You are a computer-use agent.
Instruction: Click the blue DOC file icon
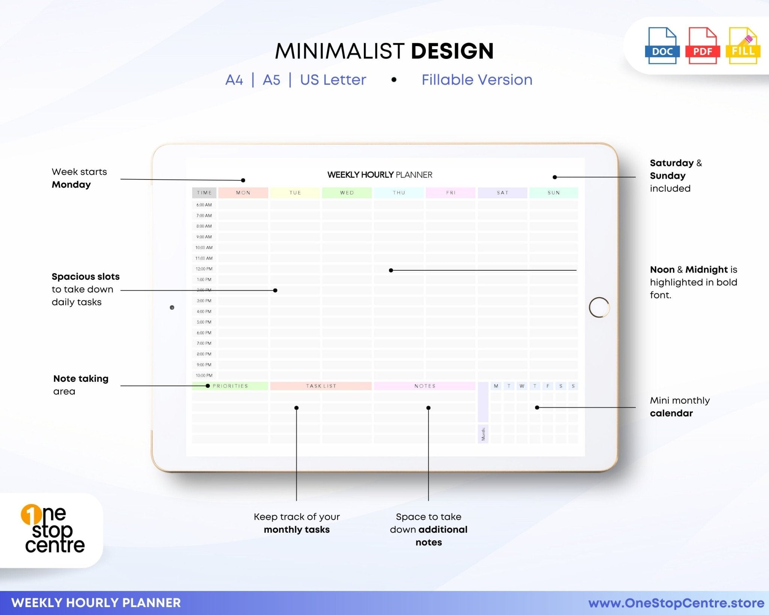(662, 46)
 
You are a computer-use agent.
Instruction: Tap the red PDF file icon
(702, 46)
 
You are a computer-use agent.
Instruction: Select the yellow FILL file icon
(743, 46)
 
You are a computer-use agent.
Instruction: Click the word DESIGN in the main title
(452, 51)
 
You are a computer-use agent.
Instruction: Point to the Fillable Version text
(476, 80)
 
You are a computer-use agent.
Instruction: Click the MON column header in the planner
(243, 193)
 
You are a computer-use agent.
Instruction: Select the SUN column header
(553, 193)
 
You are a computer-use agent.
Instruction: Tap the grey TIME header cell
(204, 193)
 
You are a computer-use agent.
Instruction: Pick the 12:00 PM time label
(204, 269)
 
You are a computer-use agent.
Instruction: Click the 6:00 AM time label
(204, 205)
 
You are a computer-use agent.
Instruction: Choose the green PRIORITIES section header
(230, 386)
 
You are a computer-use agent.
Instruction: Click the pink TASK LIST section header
(321, 386)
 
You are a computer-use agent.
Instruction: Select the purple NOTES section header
(425, 386)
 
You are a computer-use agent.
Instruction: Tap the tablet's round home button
(599, 307)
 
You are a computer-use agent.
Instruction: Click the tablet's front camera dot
(172, 307)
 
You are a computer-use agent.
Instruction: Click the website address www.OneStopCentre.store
(676, 603)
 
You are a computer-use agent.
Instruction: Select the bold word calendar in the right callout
(671, 413)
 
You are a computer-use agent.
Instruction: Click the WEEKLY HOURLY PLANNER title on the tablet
(380, 175)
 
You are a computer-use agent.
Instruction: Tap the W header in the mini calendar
(522, 386)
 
